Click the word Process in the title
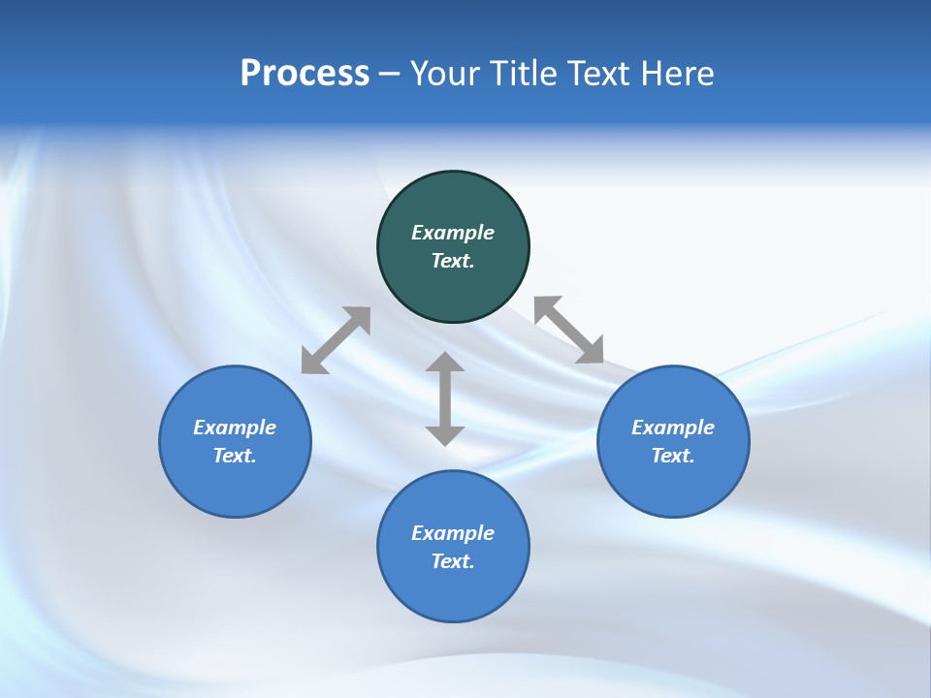305,74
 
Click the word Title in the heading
524,74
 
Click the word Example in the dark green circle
453,233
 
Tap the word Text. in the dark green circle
453,261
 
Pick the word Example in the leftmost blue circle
235,428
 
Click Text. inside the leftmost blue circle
235,456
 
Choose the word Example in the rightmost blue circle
673,428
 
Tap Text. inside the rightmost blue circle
673,456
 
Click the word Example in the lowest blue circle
453,533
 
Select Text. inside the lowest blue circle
453,561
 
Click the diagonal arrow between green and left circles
336,340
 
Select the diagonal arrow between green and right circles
569,330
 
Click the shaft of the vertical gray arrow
445,398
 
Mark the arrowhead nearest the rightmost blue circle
591,351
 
